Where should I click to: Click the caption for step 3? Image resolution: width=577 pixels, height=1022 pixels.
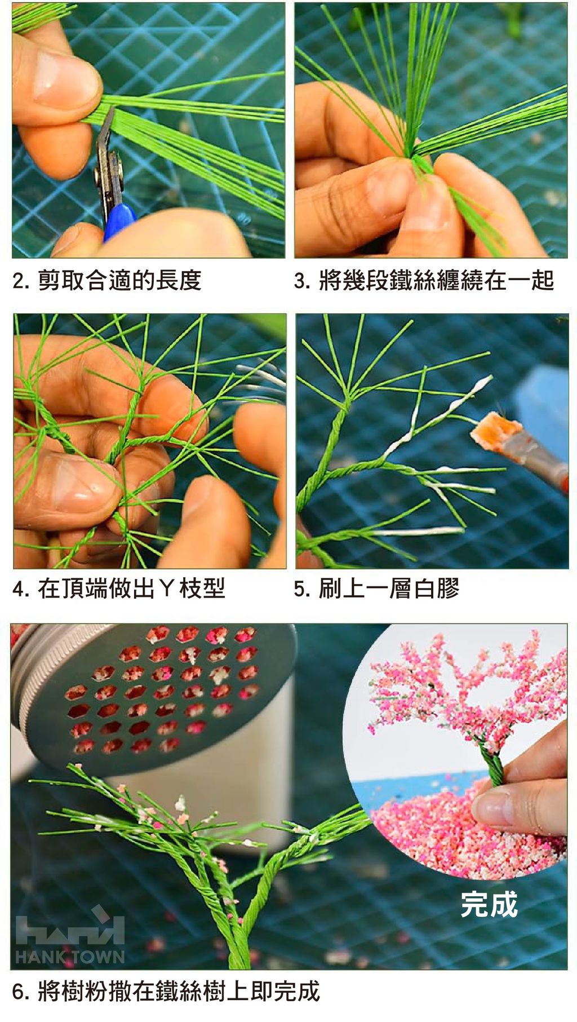point(424,280)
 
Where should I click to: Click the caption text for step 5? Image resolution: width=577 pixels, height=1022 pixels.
point(376,589)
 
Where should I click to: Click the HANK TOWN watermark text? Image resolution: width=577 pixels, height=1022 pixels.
point(70,957)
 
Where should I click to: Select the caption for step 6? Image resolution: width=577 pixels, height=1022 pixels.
point(166,992)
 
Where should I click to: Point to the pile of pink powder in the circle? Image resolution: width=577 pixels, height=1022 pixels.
point(462,829)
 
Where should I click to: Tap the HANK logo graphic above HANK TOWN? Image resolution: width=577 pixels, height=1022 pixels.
point(70,927)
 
